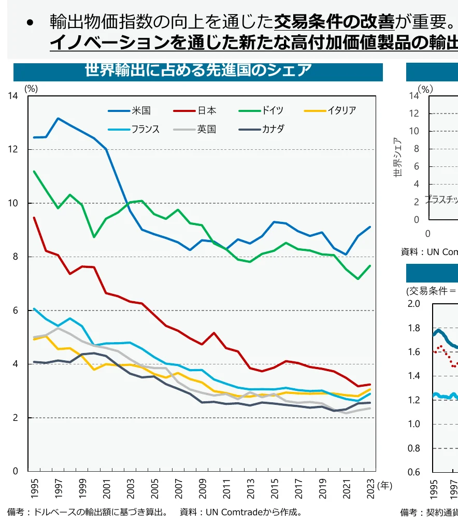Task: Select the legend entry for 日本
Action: point(206,110)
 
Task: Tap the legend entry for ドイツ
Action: point(272,110)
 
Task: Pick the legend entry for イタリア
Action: point(341,110)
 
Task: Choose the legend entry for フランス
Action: point(145,129)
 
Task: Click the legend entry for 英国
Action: point(206,129)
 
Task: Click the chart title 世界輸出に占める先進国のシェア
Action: point(198,70)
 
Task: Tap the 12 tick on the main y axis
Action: point(14,149)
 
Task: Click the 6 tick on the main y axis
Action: point(15,311)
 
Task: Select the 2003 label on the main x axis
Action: point(131,489)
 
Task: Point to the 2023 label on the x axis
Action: point(370,489)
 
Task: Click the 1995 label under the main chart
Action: point(34,489)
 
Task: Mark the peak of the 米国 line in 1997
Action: point(58,118)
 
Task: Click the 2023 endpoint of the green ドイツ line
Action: point(369,266)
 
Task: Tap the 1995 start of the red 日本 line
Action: point(34,218)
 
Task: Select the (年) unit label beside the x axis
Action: point(385,486)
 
